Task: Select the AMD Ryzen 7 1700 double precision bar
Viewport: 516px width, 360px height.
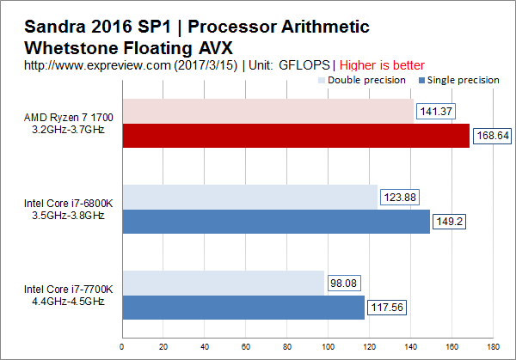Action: tap(267, 111)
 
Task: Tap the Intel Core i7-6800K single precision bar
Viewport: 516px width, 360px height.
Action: tap(275, 222)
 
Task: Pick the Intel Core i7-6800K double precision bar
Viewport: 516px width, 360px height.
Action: tap(249, 197)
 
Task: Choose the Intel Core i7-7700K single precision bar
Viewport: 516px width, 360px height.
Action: tap(243, 308)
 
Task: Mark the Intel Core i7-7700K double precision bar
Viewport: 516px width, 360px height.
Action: tap(223, 283)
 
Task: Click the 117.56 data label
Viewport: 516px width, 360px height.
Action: tap(388, 308)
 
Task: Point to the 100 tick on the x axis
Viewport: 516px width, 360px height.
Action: tap(328, 348)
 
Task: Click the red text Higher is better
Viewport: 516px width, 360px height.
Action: tap(382, 64)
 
